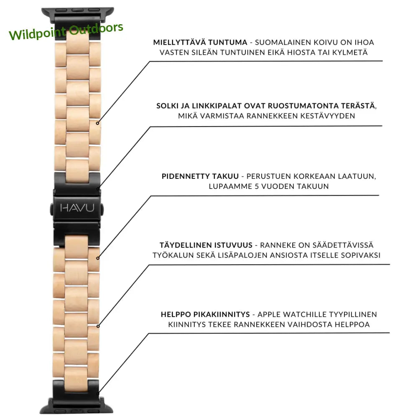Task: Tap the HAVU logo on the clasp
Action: pyautogui.click(x=77, y=208)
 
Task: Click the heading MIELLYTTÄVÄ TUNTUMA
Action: pyautogui.click(x=200, y=43)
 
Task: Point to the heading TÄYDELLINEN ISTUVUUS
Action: pyautogui.click(x=206, y=245)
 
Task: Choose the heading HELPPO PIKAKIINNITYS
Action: pyautogui.click(x=205, y=314)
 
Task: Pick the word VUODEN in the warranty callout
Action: pyautogui.click(x=277, y=186)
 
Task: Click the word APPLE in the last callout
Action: pyautogui.click(x=271, y=314)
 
